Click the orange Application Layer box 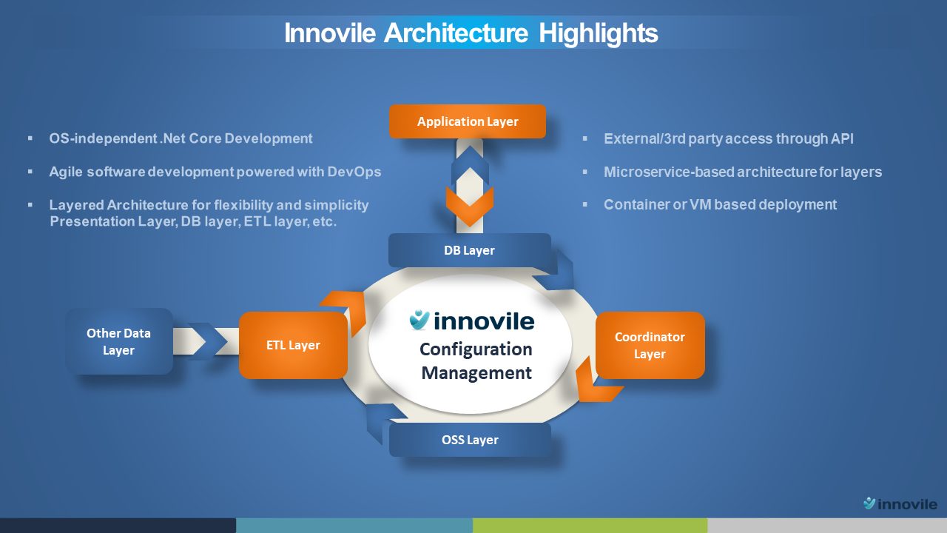click(467, 121)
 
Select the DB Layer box click(469, 250)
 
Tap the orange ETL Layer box click(293, 345)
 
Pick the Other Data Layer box click(119, 341)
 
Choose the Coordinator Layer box click(650, 345)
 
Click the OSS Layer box click(470, 440)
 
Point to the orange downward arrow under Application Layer click(470, 207)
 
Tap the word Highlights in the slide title click(599, 33)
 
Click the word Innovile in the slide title click(330, 33)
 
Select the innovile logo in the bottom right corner click(900, 503)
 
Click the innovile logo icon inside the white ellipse click(419, 320)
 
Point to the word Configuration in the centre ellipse click(476, 349)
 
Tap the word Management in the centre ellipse click(476, 372)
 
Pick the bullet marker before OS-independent click(30, 138)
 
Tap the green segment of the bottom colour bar click(590, 526)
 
